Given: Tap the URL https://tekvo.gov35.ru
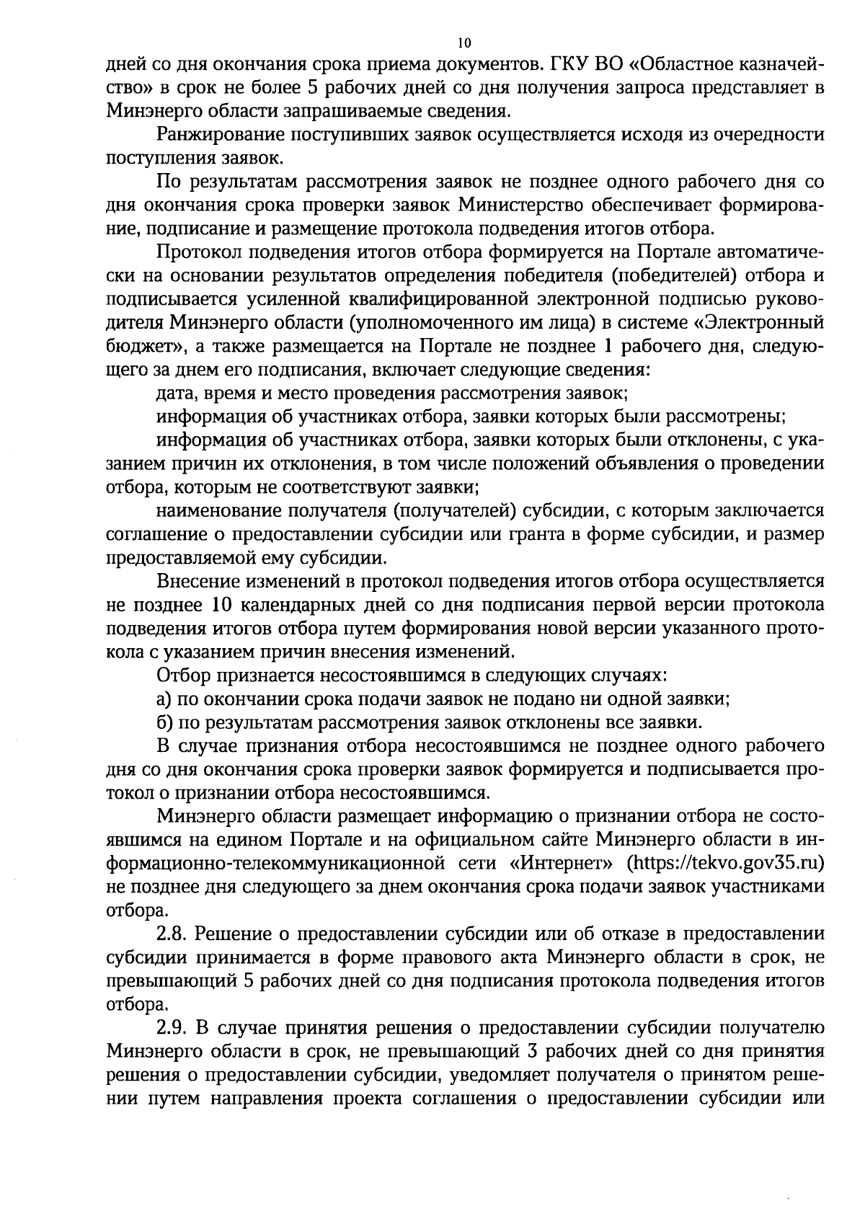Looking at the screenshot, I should tap(726, 863).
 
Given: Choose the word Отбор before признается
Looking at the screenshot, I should tap(184, 675).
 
